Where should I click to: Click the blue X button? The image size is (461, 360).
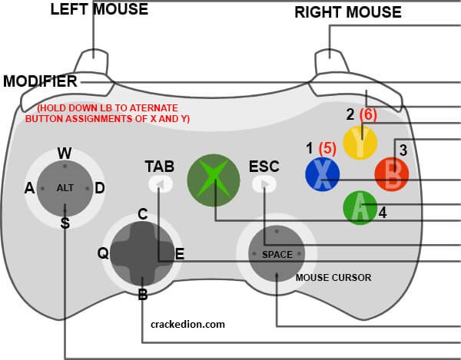[x=323, y=174]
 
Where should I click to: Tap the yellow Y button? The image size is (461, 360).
[x=360, y=143]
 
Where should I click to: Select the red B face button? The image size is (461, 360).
[x=392, y=174]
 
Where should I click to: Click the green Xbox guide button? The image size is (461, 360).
[x=214, y=180]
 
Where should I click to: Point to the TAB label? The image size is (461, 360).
[x=160, y=167]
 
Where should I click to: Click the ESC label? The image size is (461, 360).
[x=264, y=167]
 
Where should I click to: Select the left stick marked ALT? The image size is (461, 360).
[x=65, y=188]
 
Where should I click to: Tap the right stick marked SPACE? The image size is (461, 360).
[x=277, y=254]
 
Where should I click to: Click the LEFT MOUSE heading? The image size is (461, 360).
[x=99, y=9]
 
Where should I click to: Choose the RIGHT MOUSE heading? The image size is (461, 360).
[x=348, y=12]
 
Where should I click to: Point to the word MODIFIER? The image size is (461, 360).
[x=40, y=81]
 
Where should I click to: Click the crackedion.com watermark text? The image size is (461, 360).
[x=187, y=325]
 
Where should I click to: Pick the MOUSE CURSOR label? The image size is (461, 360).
[x=333, y=278]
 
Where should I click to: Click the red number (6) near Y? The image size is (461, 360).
[x=368, y=114]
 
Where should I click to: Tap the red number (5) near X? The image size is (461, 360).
[x=327, y=148]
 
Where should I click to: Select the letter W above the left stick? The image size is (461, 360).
[x=65, y=153]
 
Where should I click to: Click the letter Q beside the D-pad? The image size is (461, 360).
[x=103, y=253]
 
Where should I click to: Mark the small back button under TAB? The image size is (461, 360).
[x=161, y=184]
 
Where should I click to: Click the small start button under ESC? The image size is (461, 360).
[x=264, y=184]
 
